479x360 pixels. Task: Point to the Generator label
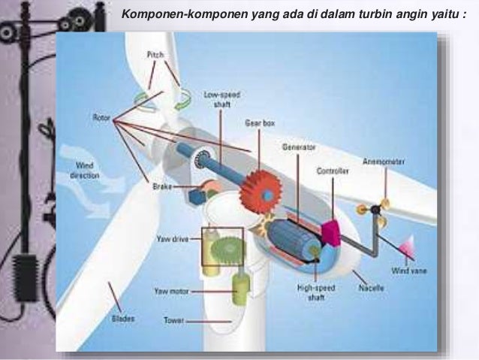pyautogui.click(x=298, y=147)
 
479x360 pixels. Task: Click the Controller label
pyautogui.click(x=333, y=171)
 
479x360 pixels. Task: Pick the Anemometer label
pyautogui.click(x=384, y=161)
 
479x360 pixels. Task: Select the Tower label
pyautogui.click(x=174, y=320)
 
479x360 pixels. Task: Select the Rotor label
pyautogui.click(x=103, y=117)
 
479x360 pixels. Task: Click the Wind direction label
pyautogui.click(x=85, y=170)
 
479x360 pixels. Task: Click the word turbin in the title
pyautogui.click(x=345, y=14)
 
